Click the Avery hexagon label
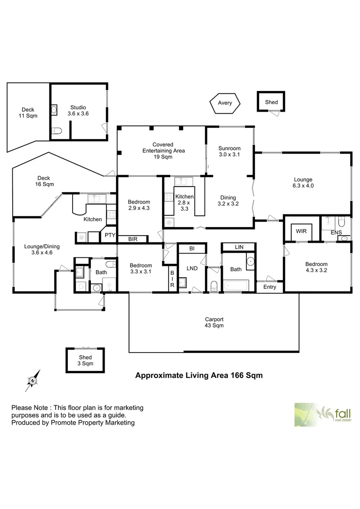click(225, 103)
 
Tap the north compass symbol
click(33, 380)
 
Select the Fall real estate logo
click(323, 415)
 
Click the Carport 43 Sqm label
click(214, 322)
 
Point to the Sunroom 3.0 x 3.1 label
click(229, 151)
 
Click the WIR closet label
click(301, 231)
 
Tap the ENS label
click(336, 232)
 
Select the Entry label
click(270, 287)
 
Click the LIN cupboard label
click(239, 247)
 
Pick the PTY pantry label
click(110, 235)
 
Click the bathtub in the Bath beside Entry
click(236, 286)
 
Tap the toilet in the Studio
click(57, 131)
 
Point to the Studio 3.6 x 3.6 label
click(78, 110)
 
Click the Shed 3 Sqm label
click(85, 361)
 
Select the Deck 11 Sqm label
click(28, 113)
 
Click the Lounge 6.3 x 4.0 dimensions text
click(303, 186)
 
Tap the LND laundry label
click(192, 268)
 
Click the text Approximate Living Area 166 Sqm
click(199, 375)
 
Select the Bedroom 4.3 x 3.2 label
click(316, 267)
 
